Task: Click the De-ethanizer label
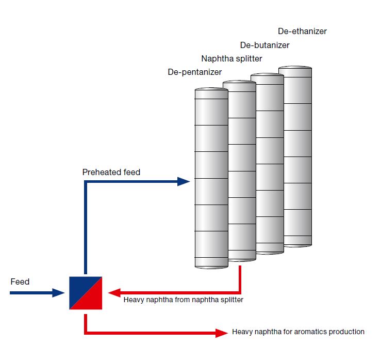point(302,32)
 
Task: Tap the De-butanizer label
point(264,45)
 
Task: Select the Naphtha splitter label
point(231,59)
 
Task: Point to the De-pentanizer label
point(194,72)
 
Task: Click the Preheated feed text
point(111,173)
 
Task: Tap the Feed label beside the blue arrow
point(20,282)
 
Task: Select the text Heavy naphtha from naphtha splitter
point(183,300)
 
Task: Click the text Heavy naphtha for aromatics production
point(298,332)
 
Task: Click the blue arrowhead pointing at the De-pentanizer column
point(184,181)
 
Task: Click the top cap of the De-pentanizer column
point(211,90)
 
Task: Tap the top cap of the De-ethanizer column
point(295,68)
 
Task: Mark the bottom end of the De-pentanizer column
point(211,265)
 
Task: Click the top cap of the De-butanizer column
point(267,76)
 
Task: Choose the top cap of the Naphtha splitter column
point(239,83)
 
